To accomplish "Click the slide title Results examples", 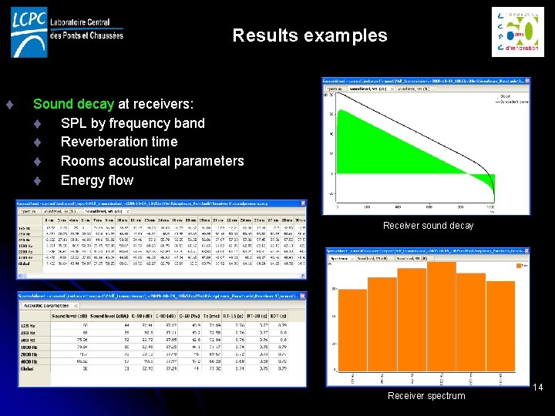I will (x=309, y=35).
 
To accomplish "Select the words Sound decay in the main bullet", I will (x=74, y=103).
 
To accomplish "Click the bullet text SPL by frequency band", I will (x=133, y=122).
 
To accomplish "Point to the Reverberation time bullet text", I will (x=119, y=142).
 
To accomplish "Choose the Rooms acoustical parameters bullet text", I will (x=152, y=161).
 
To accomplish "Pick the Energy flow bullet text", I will (x=97, y=180).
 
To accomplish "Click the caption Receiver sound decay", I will (x=428, y=226).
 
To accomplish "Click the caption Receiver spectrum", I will (x=426, y=396).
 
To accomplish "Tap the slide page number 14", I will (x=538, y=387).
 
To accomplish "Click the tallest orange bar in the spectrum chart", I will (x=442, y=316).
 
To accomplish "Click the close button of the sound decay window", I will (x=526, y=81).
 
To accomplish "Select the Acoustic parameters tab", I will (x=42, y=305).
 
